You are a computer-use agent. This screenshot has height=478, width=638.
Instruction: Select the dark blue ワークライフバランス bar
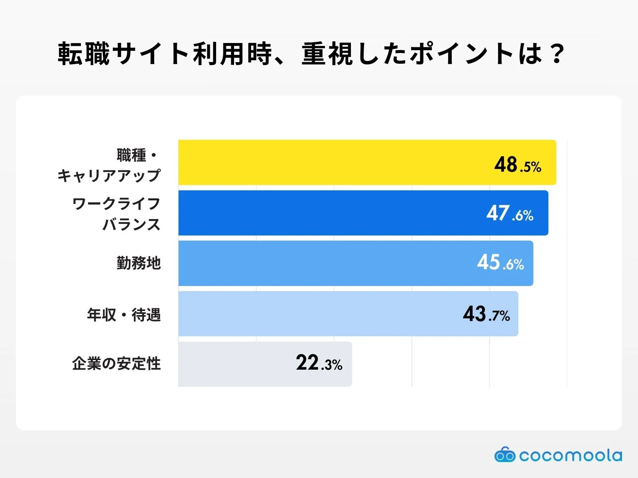pyautogui.click(x=331, y=213)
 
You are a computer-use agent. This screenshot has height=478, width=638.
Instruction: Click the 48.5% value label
pyautogui.click(x=518, y=165)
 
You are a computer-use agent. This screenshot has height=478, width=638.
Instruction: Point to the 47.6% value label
pyautogui.click(x=510, y=214)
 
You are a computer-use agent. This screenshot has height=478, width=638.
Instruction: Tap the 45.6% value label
pyautogui.click(x=500, y=263)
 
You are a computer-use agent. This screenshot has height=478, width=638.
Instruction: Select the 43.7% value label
pyautogui.click(x=486, y=314)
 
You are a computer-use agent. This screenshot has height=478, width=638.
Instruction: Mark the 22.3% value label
pyautogui.click(x=319, y=363)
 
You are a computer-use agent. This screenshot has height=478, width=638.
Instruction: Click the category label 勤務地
pyautogui.click(x=138, y=263)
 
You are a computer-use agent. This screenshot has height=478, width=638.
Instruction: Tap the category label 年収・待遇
pyautogui.click(x=124, y=315)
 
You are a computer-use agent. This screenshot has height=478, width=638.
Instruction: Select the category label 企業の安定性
pyautogui.click(x=116, y=364)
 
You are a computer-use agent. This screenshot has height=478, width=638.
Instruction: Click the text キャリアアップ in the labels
pyautogui.click(x=109, y=176)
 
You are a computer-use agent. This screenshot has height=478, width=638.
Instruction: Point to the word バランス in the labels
pyautogui.click(x=132, y=225)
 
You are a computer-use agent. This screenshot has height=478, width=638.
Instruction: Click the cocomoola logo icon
pyautogui.click(x=504, y=455)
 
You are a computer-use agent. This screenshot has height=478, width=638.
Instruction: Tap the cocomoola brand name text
pyautogui.click(x=570, y=455)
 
